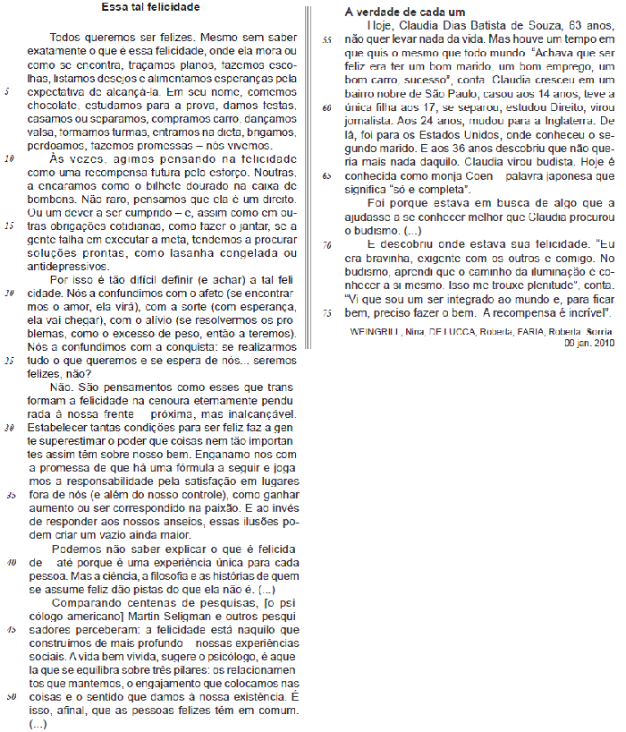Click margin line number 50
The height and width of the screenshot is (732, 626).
pos(10,697)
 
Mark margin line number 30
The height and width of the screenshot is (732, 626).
pos(10,428)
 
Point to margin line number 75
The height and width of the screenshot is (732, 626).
pos(327,313)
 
